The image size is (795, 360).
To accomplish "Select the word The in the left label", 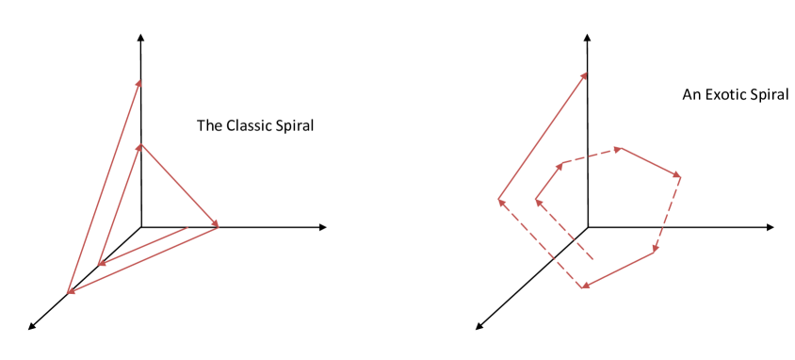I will pos(208,125).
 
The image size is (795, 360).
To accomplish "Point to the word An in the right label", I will pos(692,95).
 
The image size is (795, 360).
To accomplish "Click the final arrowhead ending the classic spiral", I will pos(139,82).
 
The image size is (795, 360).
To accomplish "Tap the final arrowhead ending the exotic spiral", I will pos(585,74).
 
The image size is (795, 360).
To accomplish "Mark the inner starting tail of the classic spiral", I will pos(187,228).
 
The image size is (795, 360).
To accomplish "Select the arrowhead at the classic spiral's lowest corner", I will pos(70,291).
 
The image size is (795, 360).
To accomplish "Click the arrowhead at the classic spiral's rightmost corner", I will pos(217,225).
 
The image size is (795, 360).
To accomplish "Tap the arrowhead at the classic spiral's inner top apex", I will pos(140,146).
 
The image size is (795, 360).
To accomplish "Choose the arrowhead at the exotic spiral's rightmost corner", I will pos(677,175).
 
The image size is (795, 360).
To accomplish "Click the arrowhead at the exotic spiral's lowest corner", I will pos(584,286).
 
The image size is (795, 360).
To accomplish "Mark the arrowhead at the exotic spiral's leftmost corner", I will pos(501,200).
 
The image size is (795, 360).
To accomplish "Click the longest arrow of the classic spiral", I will pos(104,188).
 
